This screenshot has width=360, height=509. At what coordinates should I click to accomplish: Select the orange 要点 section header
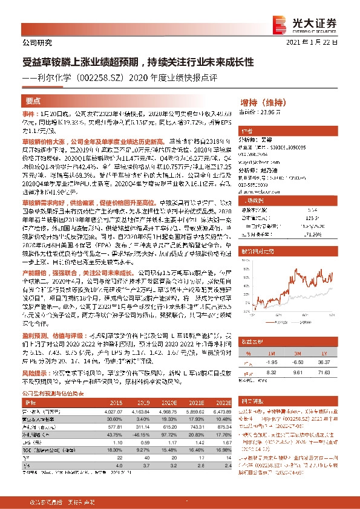(33, 101)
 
